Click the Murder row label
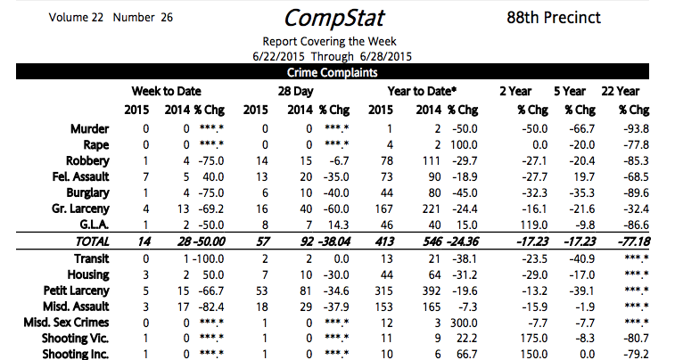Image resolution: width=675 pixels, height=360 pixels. click(x=90, y=129)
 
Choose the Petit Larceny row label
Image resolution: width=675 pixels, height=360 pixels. click(x=79, y=290)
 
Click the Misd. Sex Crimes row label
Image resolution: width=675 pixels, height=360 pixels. click(x=68, y=323)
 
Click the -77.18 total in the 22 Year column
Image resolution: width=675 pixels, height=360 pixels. click(x=629, y=242)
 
